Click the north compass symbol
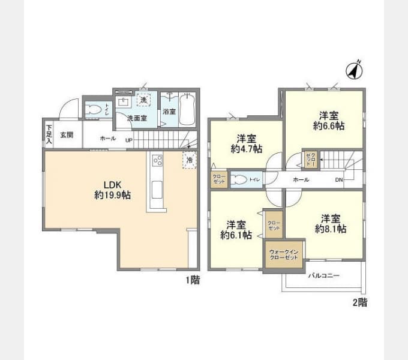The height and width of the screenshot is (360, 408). (355, 70)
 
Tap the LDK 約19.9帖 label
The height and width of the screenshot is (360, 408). (113, 189)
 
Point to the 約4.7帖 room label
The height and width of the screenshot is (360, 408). (247, 142)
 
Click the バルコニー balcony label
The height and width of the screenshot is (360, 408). (324, 277)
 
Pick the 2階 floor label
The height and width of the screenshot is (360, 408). (359, 303)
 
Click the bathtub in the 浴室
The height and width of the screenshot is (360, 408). (188, 108)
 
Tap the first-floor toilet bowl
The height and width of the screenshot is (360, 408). (94, 110)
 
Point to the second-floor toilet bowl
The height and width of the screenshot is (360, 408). (239, 179)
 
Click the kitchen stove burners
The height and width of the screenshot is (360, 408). (158, 160)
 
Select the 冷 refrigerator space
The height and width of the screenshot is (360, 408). (189, 160)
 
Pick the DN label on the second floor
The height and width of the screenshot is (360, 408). (339, 179)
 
